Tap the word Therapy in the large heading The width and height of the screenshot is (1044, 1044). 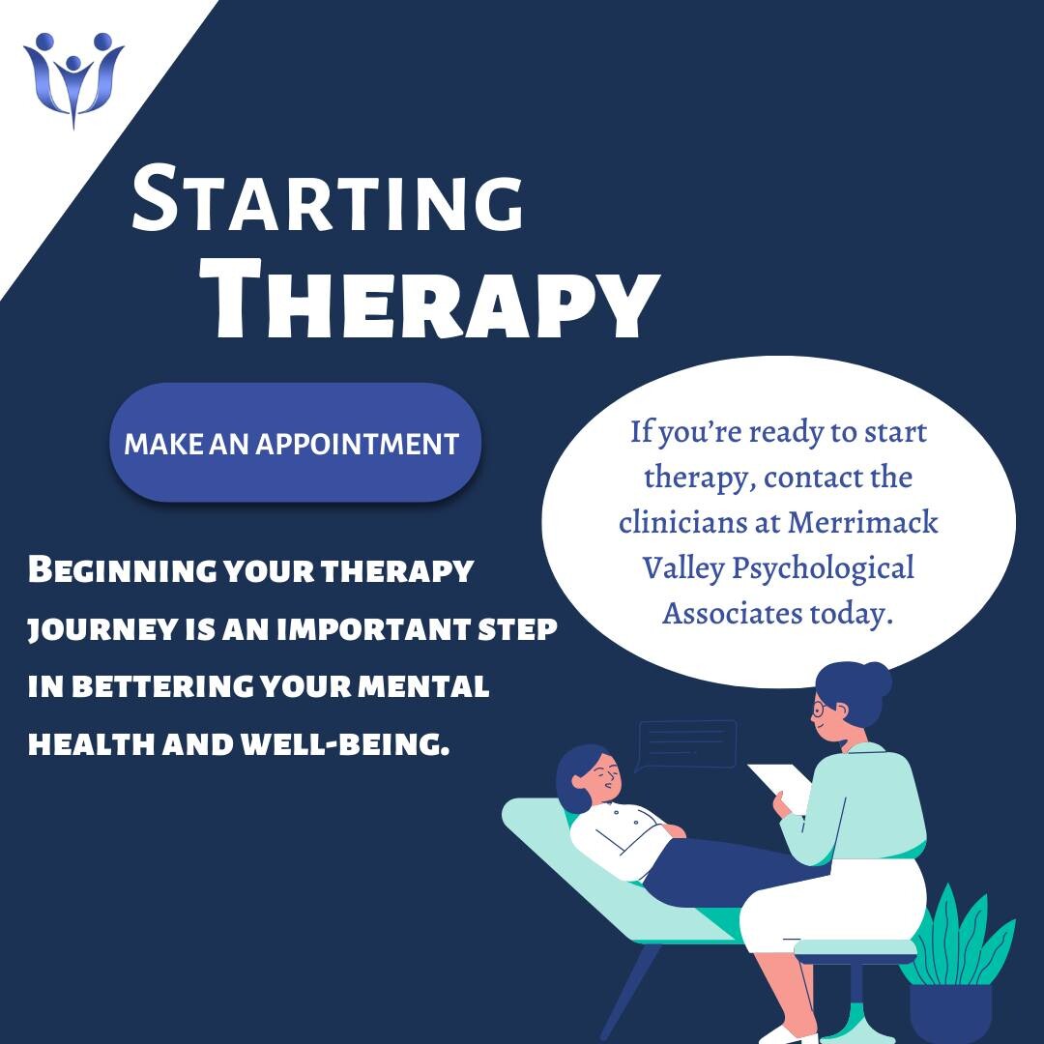pyautogui.click(x=436, y=300)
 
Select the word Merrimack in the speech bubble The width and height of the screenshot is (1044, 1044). pyautogui.click(x=863, y=523)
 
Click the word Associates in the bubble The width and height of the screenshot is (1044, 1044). pyautogui.click(x=732, y=613)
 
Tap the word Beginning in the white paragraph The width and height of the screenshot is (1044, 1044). pyautogui.click(x=122, y=571)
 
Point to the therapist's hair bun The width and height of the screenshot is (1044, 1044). pyautogui.click(x=877, y=679)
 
